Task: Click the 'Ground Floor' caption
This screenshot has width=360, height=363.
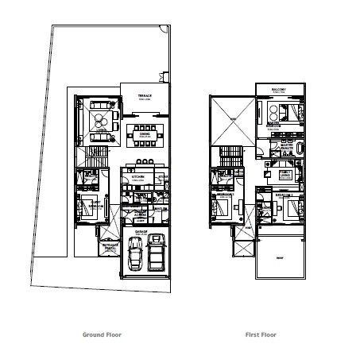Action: [103, 335]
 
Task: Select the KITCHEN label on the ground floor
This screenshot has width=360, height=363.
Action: [137, 177]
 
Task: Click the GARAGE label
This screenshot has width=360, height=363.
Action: [145, 232]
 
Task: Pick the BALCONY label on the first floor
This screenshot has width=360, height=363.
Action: [278, 89]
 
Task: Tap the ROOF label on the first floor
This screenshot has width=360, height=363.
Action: [277, 257]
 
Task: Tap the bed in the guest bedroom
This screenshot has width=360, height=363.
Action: [87, 206]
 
